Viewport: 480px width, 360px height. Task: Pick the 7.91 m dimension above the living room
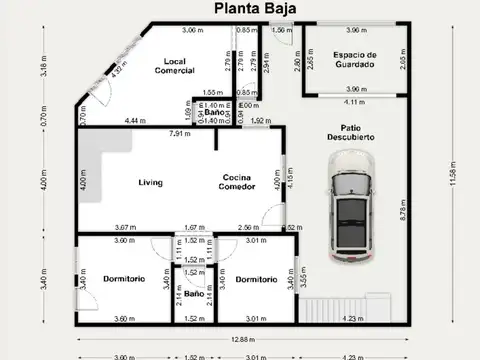[x=180, y=134]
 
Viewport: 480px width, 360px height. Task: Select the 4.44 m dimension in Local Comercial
[x=137, y=121]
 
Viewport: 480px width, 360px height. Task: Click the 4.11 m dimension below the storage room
[x=354, y=102]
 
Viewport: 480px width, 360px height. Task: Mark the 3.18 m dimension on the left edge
[x=44, y=67]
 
